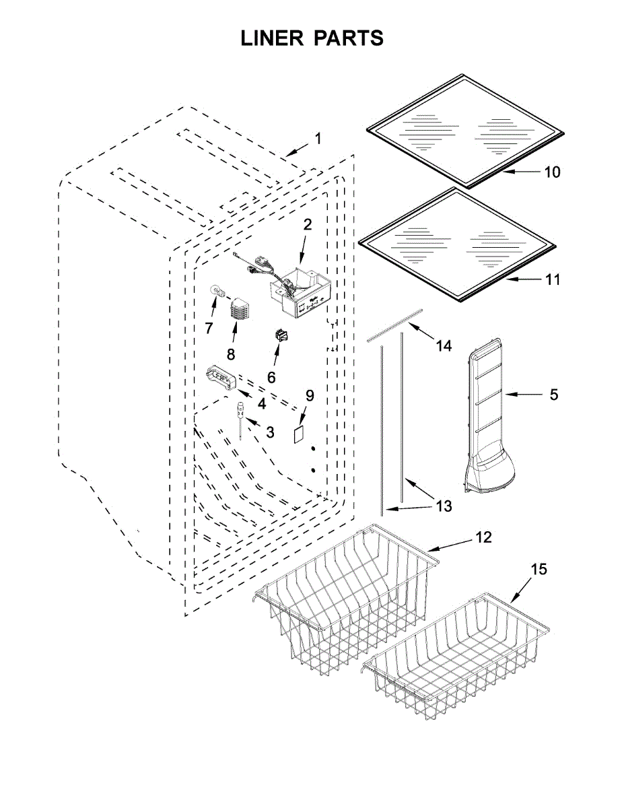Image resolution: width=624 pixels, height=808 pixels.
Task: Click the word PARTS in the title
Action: [349, 38]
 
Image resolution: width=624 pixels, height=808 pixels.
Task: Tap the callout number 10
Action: [551, 172]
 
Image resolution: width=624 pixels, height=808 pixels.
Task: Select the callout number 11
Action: [552, 279]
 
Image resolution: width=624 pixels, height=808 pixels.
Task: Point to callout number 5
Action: [553, 395]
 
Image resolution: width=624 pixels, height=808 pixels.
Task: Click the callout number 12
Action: [483, 537]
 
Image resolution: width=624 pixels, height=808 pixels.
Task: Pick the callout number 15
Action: [538, 570]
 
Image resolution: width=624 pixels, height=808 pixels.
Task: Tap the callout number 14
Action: [443, 346]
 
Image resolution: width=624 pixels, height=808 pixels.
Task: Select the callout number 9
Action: [310, 395]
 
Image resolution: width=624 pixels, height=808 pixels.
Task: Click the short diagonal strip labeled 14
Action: [395, 325]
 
